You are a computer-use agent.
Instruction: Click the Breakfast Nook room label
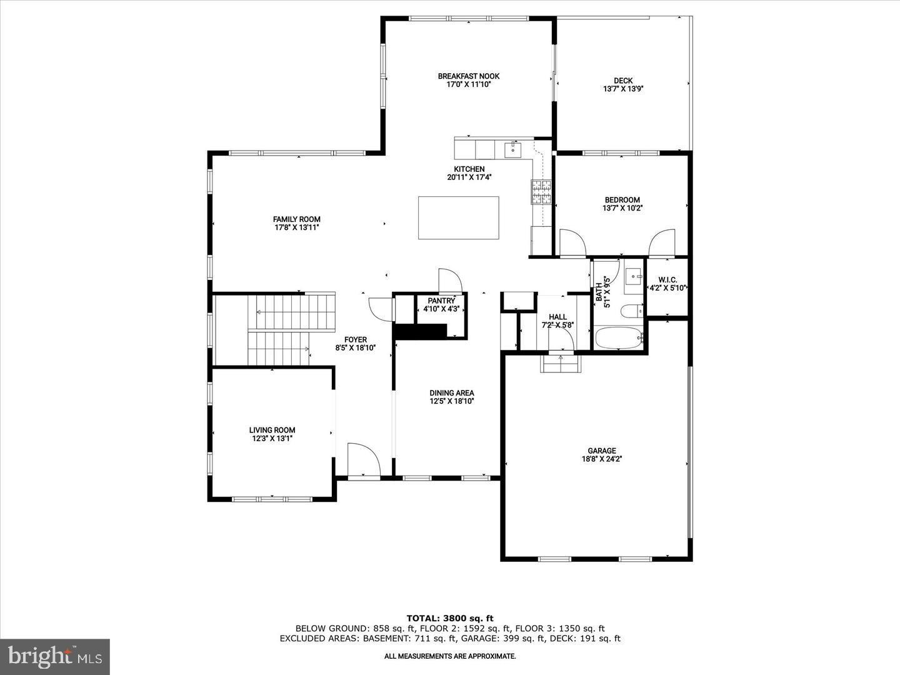coord(468,76)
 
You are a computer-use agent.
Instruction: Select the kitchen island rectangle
coord(458,217)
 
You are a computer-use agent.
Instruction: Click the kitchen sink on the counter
coord(512,150)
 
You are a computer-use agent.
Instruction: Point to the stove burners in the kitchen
coord(541,192)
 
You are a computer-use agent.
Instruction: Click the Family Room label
coord(296,219)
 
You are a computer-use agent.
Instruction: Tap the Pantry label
coord(441,301)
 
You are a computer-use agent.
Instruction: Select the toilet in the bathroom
coord(631,311)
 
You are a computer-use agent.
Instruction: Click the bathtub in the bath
coord(619,339)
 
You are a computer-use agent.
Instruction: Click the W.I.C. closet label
coord(667,280)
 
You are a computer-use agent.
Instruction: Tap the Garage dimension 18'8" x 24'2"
coord(601,459)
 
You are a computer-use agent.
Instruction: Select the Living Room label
coord(272,430)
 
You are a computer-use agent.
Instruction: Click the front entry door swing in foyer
coord(364,461)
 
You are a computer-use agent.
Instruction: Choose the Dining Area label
coord(451,393)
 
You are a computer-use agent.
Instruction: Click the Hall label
coord(557,317)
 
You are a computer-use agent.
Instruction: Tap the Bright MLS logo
coord(55,656)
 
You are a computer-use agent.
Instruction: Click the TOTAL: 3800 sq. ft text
coord(449,618)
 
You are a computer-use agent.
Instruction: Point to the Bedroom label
coord(622,200)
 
